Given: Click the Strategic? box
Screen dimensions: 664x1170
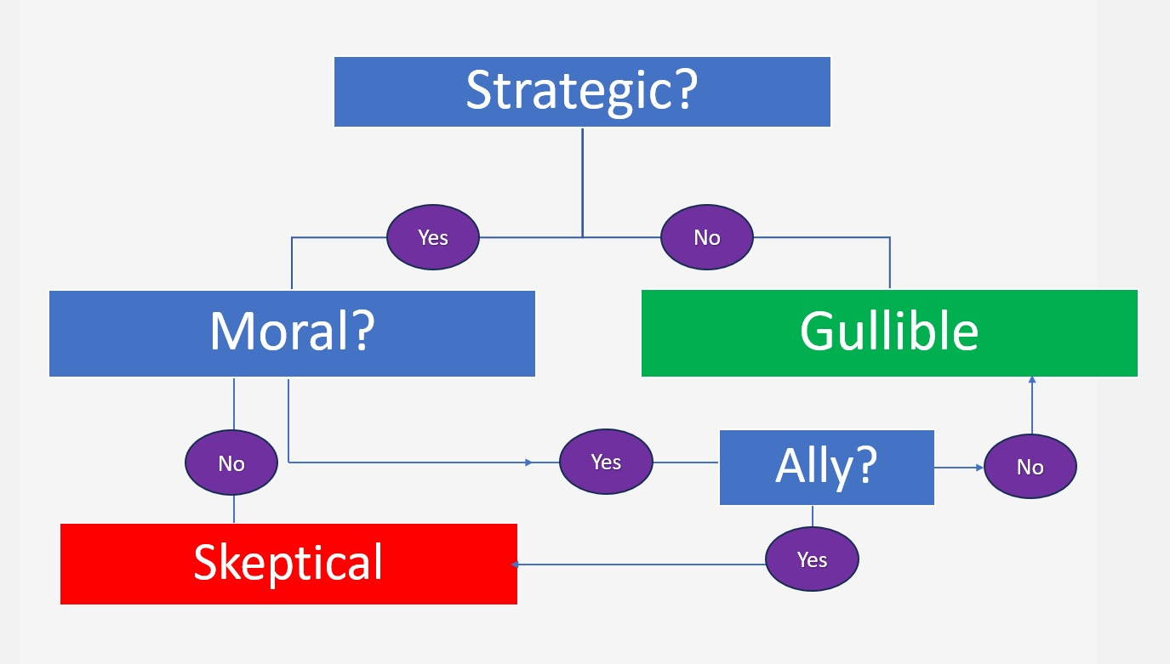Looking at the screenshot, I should pos(582,92).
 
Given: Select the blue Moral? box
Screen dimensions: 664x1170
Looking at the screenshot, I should pos(292,333).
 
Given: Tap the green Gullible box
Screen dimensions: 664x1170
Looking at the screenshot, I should pos(889,333).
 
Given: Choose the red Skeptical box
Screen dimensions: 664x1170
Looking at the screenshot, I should pos(288,564).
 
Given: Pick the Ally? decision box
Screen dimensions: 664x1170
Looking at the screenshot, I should pos(826,468).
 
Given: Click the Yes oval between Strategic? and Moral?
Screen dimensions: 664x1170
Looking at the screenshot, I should pos(433,238).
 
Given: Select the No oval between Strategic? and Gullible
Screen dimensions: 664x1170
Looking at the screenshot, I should pos(707,238).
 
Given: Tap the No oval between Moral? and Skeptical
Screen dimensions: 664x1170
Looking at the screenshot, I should pos(231,463).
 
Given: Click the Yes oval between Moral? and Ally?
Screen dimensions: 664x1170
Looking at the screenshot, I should pos(606,463).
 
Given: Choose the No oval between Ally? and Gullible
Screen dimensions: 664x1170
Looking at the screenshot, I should pos(1030,467).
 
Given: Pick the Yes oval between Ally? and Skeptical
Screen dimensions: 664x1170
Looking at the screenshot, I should pos(813,559).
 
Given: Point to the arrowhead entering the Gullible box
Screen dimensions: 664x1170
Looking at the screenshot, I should pos(1031,382).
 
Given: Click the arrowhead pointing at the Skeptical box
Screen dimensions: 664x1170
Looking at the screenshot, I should pos(515,564).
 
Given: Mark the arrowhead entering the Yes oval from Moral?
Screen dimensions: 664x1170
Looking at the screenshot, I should pos(529,463).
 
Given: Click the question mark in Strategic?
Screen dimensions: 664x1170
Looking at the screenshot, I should pos(682,92).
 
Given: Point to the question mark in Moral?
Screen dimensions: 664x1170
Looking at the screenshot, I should pos(359,332).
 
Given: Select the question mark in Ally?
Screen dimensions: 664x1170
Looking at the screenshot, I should pos(864,466).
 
